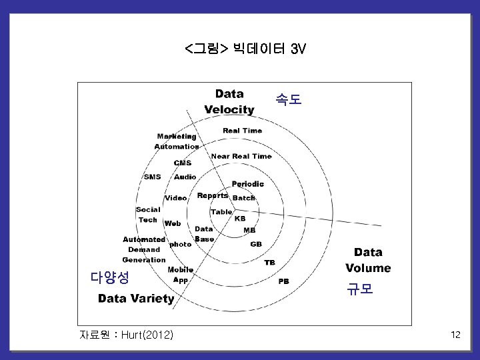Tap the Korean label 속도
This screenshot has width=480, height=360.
click(288, 100)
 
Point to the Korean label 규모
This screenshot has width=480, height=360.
click(359, 289)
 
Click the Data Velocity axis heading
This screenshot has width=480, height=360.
click(229, 101)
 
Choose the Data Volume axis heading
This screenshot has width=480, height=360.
click(368, 260)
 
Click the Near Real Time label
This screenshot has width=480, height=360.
click(241, 156)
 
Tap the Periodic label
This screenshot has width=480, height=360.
click(247, 183)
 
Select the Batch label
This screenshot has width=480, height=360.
click(243, 198)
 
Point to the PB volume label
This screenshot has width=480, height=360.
click(283, 281)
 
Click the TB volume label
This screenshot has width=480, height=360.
click(269, 263)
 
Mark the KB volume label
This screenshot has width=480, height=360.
click(240, 218)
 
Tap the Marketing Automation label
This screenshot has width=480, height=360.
click(177, 141)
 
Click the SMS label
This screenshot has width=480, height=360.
click(152, 177)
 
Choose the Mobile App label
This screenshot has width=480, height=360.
click(180, 275)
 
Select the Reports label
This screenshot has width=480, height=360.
click(213, 195)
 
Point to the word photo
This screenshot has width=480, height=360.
click(180, 244)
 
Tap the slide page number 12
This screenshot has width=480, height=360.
click(455, 335)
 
